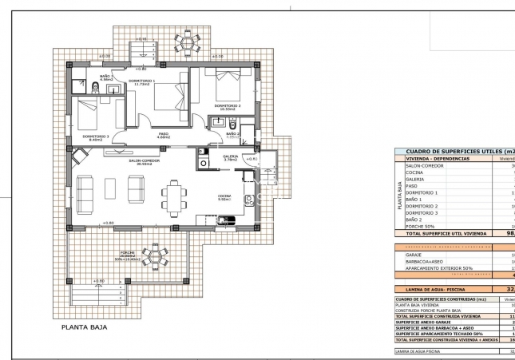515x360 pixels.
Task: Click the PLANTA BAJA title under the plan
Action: (85, 326)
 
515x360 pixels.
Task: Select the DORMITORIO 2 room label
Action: (228, 105)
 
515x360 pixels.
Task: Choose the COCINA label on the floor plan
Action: (225, 195)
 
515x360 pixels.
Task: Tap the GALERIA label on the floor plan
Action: (230, 156)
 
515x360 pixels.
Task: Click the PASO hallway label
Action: (163, 134)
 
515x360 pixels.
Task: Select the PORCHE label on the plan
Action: (127, 252)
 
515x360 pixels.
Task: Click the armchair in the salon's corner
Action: (80, 156)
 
